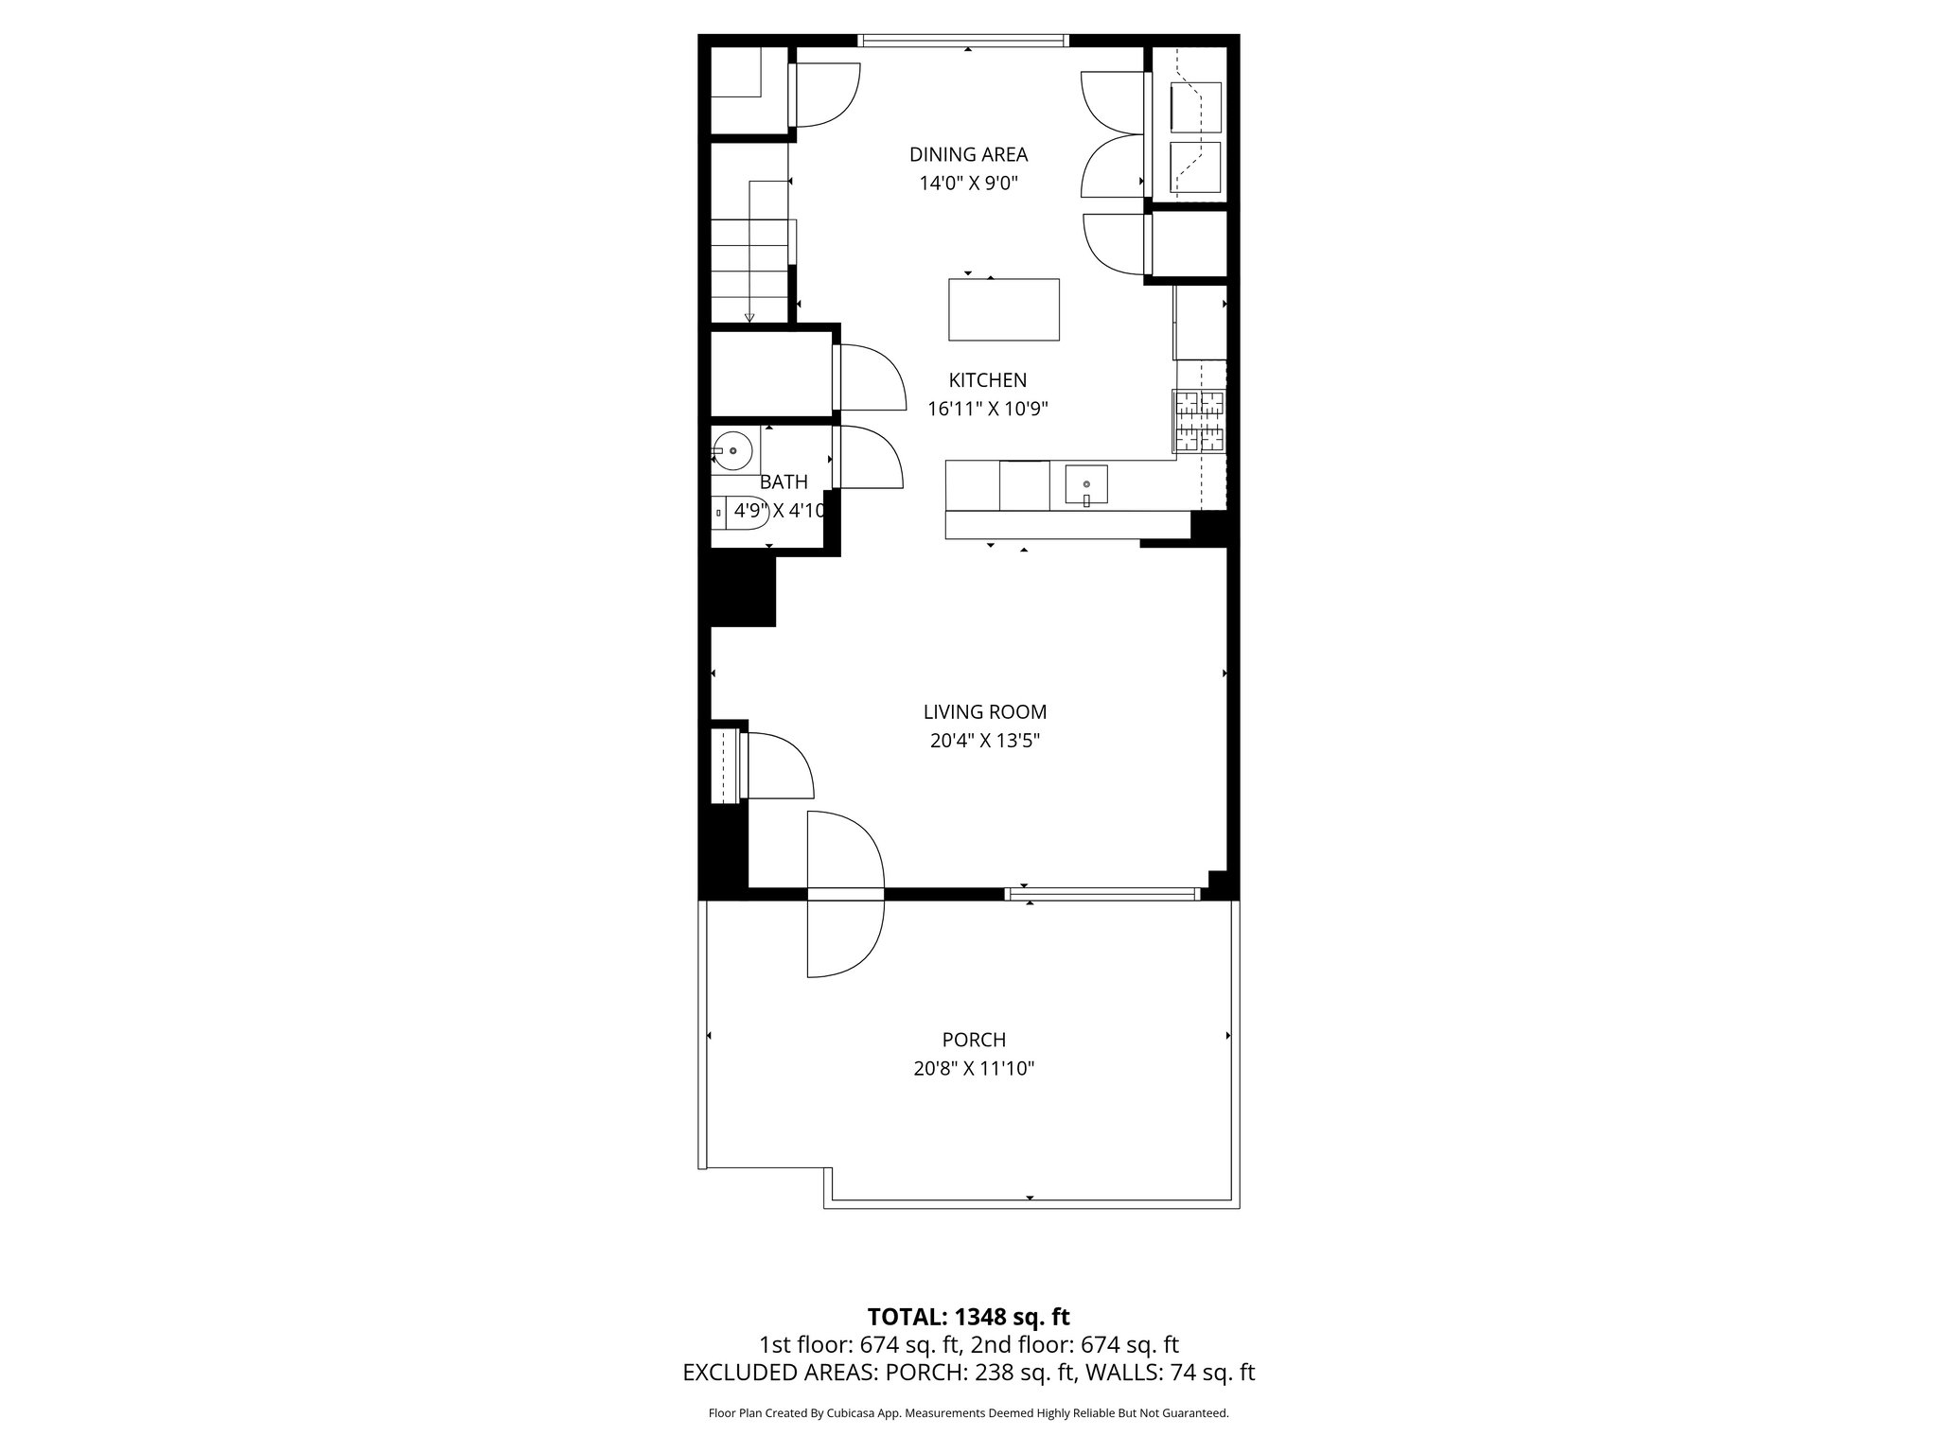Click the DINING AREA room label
(968, 154)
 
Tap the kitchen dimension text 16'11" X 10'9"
(988, 409)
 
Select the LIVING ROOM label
(984, 711)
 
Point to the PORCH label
(974, 1040)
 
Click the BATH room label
(784, 482)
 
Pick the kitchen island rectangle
(1003, 309)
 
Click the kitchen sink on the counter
(1086, 485)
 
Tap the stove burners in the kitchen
(1199, 421)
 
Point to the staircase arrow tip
(749, 318)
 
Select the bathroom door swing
(869, 458)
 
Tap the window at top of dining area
(963, 41)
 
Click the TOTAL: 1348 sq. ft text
(968, 1316)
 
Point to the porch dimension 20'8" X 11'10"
(974, 1069)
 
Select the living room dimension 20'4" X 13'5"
(984, 741)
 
